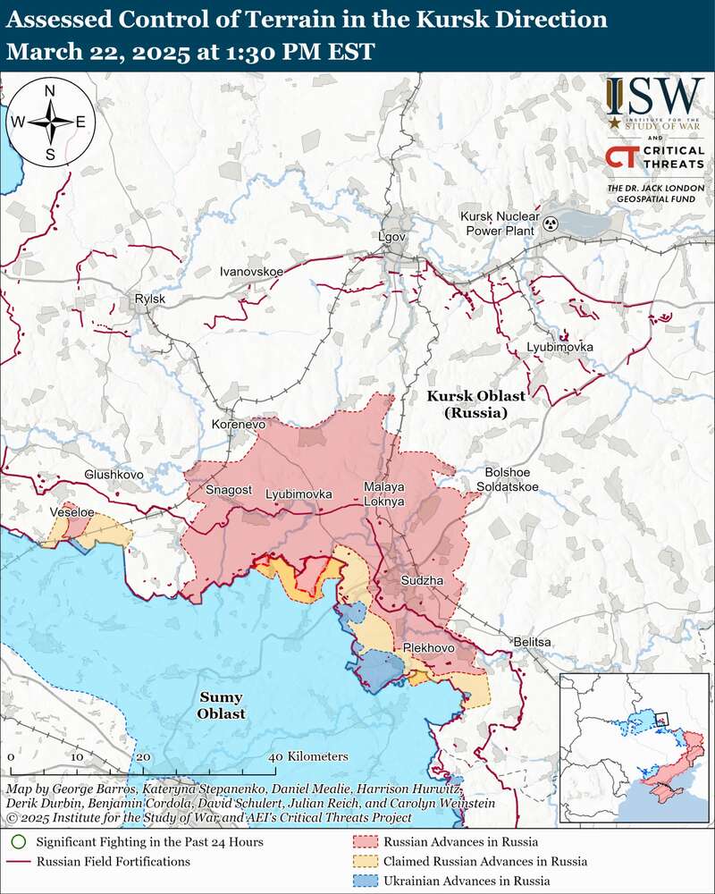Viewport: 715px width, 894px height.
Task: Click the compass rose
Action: pyautogui.click(x=51, y=122)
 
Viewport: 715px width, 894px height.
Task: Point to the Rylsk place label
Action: pyautogui.click(x=149, y=299)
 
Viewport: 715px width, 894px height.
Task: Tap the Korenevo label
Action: pyautogui.click(x=239, y=425)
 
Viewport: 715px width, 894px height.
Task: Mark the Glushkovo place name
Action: pyautogui.click(x=114, y=474)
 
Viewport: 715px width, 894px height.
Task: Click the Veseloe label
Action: pyautogui.click(x=72, y=512)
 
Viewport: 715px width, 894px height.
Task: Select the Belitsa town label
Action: pyautogui.click(x=533, y=642)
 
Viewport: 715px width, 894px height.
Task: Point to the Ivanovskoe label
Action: pyautogui.click(x=251, y=270)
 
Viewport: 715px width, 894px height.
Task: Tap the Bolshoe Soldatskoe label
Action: pyautogui.click(x=511, y=479)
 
